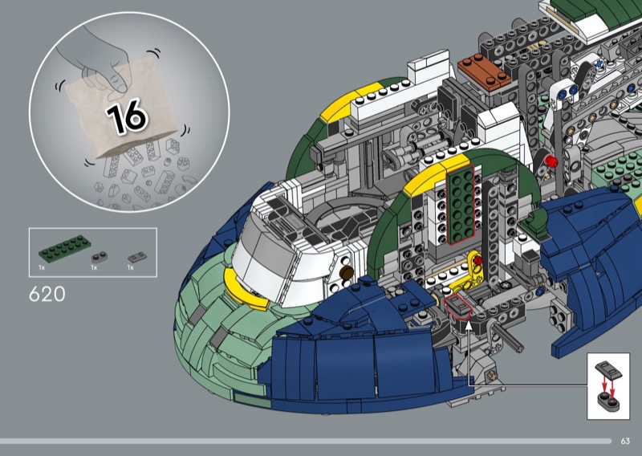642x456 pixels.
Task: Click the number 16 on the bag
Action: click(x=127, y=116)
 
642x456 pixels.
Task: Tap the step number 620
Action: click(x=47, y=294)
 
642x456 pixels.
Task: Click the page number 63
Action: click(x=625, y=441)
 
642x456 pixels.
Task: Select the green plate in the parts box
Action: click(x=65, y=249)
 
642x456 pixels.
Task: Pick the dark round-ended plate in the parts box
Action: click(x=99, y=257)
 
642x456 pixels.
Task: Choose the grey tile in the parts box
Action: click(x=137, y=257)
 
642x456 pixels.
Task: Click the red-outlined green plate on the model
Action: click(x=461, y=204)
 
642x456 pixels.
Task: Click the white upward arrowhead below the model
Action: click(x=468, y=326)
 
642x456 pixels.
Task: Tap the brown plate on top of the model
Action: click(x=485, y=71)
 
